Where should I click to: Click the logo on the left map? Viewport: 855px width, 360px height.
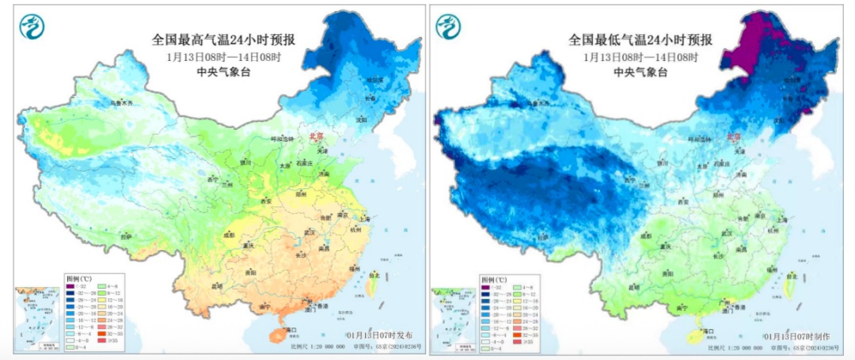point(32,27)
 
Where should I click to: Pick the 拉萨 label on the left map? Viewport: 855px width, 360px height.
point(126,237)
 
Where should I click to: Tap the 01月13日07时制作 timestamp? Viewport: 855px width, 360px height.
point(797,336)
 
